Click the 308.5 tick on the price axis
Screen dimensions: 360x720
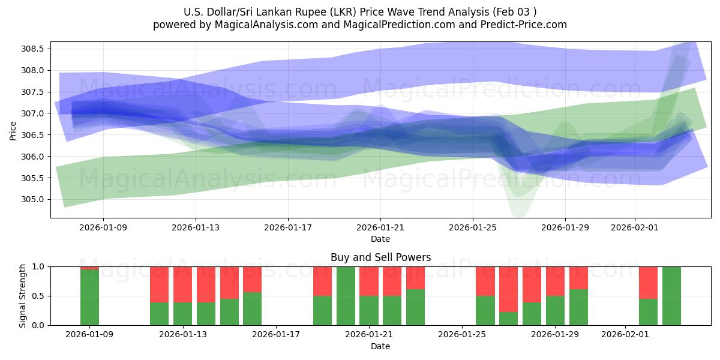[x=35, y=49]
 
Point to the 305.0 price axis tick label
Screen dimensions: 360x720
[x=35, y=200]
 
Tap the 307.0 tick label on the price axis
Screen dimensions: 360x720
[x=35, y=113]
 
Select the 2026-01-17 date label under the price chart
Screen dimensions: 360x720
[x=288, y=227]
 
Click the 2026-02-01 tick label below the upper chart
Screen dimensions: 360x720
[x=635, y=227]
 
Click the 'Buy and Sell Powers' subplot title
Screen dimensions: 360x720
[x=380, y=257]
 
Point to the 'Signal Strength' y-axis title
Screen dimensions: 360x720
[x=23, y=296]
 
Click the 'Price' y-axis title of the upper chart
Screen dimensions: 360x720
[x=13, y=130]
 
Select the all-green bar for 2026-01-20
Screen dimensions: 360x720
[x=346, y=296]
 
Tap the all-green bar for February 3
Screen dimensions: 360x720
[x=671, y=296]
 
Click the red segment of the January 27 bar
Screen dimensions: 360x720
[x=508, y=289]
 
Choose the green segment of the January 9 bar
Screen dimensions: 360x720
[x=89, y=298]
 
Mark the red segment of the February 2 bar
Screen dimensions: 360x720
[x=648, y=282]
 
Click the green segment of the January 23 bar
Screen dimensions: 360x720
[x=415, y=307]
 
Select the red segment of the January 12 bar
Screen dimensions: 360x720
[x=159, y=284]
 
